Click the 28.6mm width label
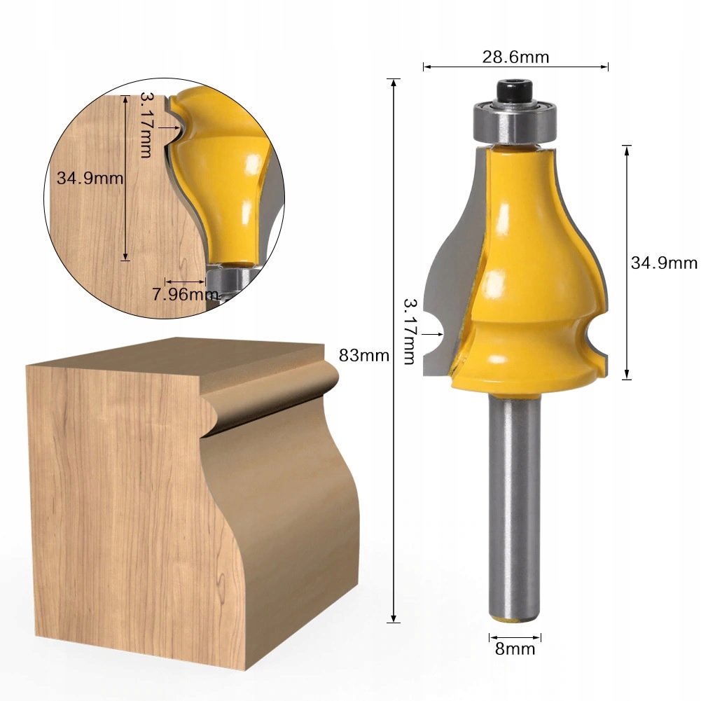coord(515,57)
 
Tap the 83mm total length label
coord(364,356)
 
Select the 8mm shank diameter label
coord(515,648)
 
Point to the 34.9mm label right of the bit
coord(664,263)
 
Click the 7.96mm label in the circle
coord(185,294)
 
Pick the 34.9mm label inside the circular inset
coord(90,179)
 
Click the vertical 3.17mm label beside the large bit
coord(410,332)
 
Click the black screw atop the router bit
coord(514,91)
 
